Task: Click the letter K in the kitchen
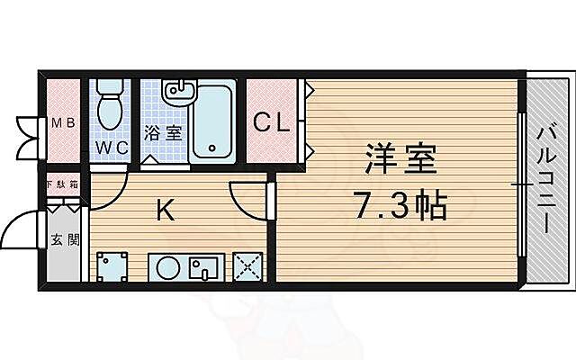[x=165, y=211]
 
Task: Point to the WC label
[x=111, y=145]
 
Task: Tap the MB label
[x=61, y=123]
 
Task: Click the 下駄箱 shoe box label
[x=62, y=184]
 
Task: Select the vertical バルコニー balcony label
[x=545, y=180]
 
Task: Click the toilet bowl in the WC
[x=111, y=105]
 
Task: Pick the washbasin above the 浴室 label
[x=179, y=93]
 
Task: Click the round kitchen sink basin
[x=168, y=268]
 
